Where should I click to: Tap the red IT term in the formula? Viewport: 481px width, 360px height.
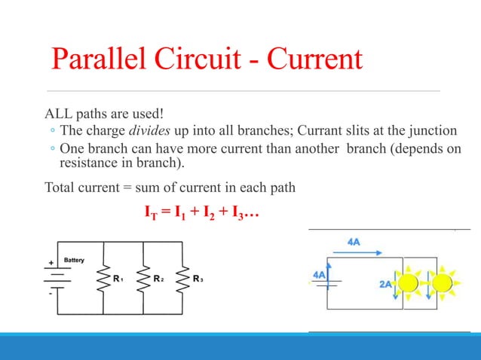click(x=151, y=215)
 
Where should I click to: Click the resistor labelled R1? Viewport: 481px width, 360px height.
click(x=103, y=279)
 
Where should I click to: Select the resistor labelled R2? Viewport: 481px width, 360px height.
click(x=143, y=279)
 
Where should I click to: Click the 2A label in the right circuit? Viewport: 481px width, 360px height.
click(x=384, y=285)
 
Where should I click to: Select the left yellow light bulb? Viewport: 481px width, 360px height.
click(x=410, y=283)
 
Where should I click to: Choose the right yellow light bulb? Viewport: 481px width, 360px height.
click(x=442, y=283)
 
